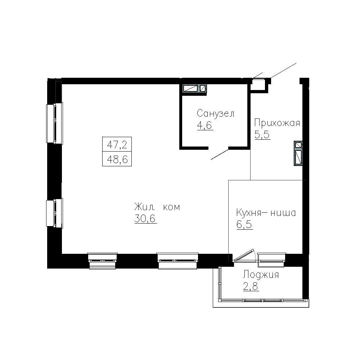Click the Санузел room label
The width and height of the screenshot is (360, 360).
[215, 114]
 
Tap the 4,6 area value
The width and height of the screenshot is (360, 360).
[205, 126]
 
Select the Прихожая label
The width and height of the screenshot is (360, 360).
[277, 123]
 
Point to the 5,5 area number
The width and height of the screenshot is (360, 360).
[262, 135]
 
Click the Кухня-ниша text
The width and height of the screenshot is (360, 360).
[266, 213]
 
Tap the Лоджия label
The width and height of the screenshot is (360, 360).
[261, 275]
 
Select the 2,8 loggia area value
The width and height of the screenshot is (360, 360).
[251, 287]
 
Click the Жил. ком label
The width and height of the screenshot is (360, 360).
[157, 207]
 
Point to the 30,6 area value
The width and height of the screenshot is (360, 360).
[145, 219]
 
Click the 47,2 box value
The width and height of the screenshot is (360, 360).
[117, 145]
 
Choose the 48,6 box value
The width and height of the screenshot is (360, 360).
[117, 158]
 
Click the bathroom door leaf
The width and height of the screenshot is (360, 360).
[220, 154]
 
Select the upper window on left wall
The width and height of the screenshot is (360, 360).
[55, 123]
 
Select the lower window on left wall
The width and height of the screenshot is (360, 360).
[55, 213]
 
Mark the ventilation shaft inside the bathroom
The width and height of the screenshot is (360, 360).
[194, 89]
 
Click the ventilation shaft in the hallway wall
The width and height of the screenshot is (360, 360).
[298, 153]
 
